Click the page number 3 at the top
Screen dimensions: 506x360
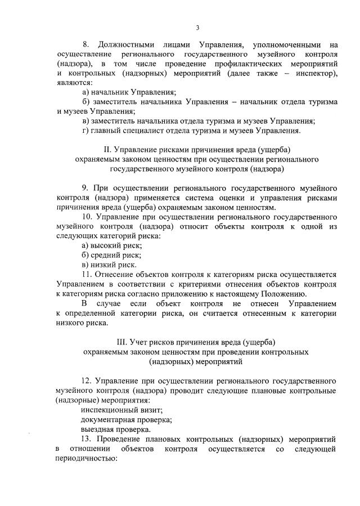(197, 28)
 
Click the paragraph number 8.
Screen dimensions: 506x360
(86, 44)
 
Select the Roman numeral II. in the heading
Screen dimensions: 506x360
(109, 150)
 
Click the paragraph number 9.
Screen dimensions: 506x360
(85, 187)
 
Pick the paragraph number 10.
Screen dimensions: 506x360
(88, 216)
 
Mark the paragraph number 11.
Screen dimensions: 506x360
(87, 274)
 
